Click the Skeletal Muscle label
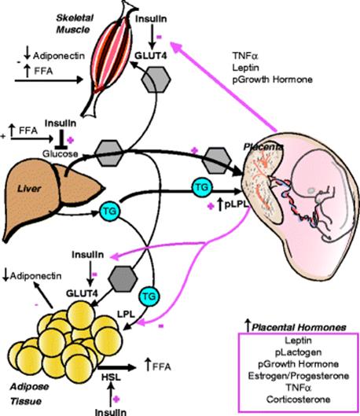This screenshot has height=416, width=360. point(75,24)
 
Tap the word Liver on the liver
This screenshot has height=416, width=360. point(29,189)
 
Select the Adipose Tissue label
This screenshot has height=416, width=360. point(29,394)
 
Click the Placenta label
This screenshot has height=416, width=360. point(263,147)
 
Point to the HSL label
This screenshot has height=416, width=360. point(111,377)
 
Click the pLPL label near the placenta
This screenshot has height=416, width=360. point(237,204)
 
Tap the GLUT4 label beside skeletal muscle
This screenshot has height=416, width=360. point(151,56)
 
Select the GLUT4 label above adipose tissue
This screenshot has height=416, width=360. point(82,293)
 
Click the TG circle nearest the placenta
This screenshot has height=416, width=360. point(202,187)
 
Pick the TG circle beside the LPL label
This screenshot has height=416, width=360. point(149,296)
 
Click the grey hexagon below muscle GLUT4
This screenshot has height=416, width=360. point(156,79)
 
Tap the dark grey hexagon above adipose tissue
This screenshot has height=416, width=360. point(123,279)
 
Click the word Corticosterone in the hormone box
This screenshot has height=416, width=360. point(298,399)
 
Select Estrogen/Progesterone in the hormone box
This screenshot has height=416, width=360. point(299,375)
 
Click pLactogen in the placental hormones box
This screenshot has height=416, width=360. point(298,352)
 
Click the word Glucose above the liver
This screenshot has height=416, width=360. point(61,153)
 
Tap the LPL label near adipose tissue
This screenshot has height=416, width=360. point(127,315)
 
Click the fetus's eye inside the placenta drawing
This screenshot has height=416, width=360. point(311,190)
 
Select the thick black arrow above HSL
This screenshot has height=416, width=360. point(117,367)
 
